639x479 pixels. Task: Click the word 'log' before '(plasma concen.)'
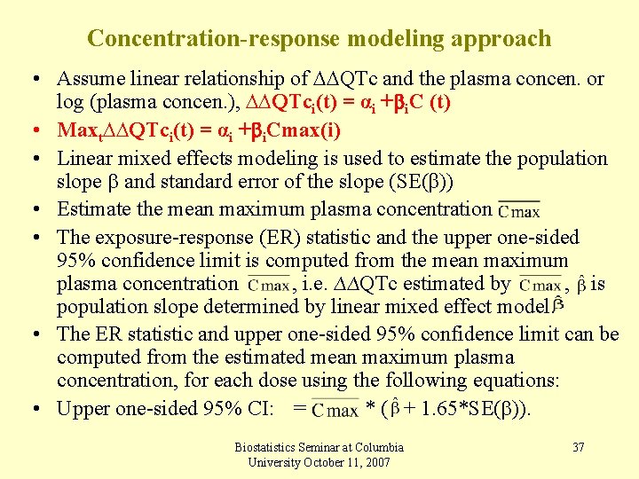click(x=69, y=101)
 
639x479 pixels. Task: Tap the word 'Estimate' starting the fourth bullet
click(x=92, y=209)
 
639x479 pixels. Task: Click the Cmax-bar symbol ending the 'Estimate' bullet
click(x=518, y=211)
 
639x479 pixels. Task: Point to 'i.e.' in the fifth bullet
click(x=319, y=284)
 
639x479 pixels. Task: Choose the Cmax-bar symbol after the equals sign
click(x=336, y=409)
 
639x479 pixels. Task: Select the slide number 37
click(x=578, y=447)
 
